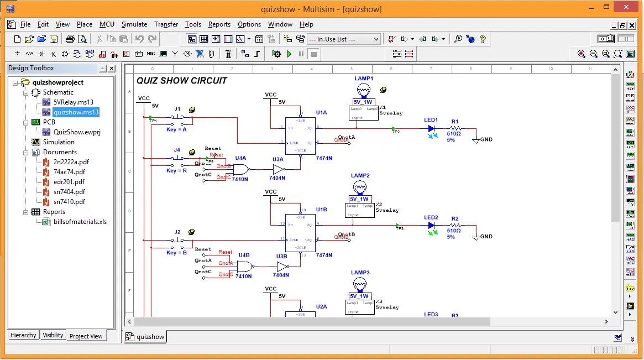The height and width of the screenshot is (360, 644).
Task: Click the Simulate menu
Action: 134,24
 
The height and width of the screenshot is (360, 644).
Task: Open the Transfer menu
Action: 166,24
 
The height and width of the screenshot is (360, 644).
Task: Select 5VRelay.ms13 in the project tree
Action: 73,102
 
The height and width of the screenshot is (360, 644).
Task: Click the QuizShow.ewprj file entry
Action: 76,132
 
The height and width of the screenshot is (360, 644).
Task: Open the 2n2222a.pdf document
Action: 71,162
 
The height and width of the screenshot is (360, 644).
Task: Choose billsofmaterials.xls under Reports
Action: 80,222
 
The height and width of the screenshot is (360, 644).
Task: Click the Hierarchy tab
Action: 23,335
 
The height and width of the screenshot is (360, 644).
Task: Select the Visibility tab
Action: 53,335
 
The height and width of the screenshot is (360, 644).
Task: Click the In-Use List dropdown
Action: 343,39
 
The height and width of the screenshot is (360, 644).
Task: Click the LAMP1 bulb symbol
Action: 363,90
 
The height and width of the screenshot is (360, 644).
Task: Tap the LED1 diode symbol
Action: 432,129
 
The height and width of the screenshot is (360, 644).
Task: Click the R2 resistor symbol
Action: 454,226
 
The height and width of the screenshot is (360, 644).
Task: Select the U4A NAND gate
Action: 240,169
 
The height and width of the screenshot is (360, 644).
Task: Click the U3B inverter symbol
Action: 282,267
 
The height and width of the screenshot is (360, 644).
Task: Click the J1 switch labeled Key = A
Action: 177,118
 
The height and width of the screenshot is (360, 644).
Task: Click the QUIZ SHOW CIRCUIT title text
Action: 182,81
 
